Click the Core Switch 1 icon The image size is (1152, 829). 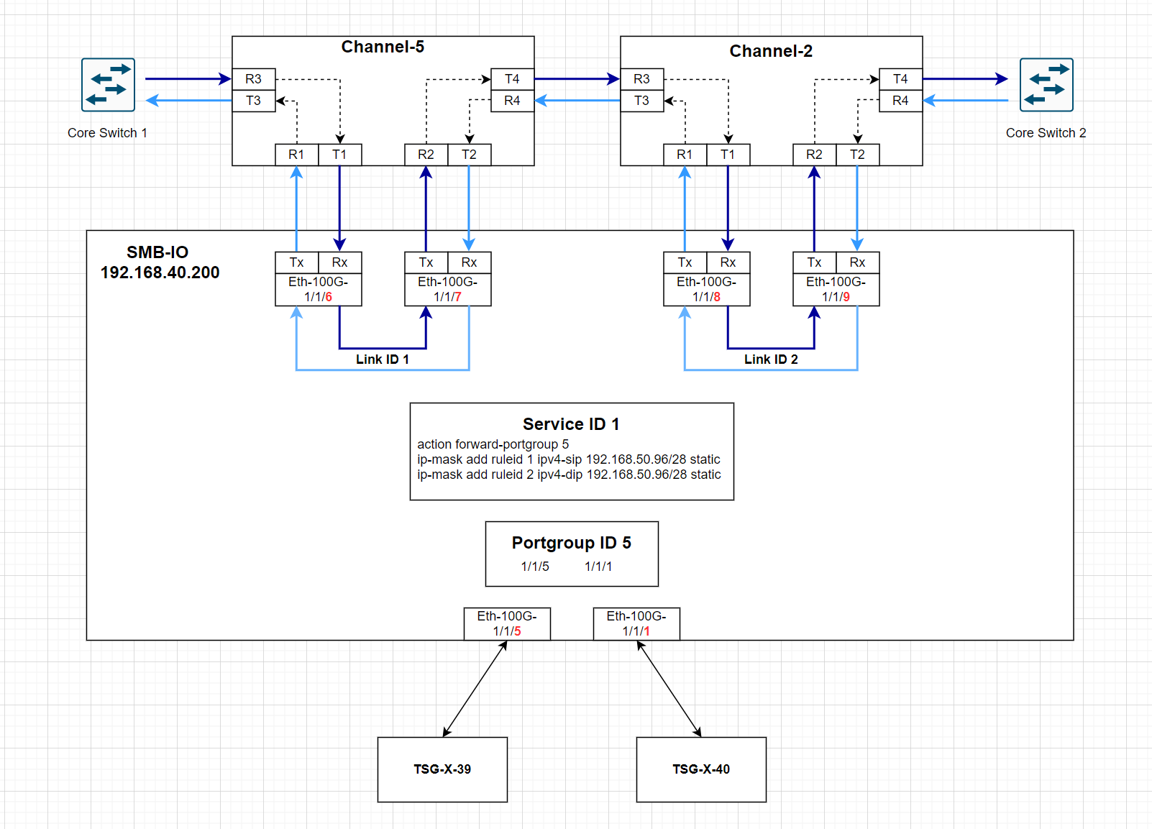tap(108, 85)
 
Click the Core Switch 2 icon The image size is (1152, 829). tap(1046, 85)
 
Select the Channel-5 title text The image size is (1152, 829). tap(383, 47)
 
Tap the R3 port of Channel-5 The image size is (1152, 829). tap(253, 79)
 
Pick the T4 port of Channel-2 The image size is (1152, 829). tap(900, 79)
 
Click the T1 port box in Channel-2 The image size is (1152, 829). tap(728, 155)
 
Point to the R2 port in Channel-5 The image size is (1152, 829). tap(426, 155)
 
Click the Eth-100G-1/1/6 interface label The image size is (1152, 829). tap(318, 289)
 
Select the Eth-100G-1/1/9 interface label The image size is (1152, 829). tap(836, 289)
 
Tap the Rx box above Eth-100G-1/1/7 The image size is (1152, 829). tap(469, 262)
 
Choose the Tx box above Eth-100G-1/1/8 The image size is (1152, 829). tap(685, 262)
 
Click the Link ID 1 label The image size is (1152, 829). tap(383, 359)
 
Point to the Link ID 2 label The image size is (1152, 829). tap(771, 359)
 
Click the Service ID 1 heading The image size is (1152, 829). tap(571, 424)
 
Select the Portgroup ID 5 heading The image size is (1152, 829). tap(571, 543)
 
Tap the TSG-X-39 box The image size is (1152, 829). tap(442, 769)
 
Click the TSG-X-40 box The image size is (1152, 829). tap(701, 769)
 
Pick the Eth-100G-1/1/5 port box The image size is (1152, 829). tap(507, 623)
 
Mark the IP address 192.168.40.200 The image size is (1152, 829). tap(160, 272)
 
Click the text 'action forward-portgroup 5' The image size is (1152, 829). tap(493, 444)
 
